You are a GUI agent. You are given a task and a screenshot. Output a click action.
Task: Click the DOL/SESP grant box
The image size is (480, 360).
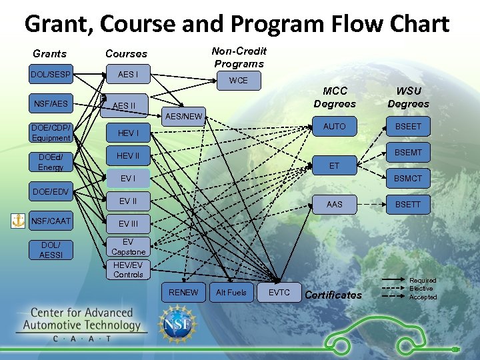[x=51, y=75]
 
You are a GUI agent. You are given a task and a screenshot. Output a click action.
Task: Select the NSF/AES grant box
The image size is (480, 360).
[x=51, y=103]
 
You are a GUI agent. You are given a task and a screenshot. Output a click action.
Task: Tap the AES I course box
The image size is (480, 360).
[x=128, y=75]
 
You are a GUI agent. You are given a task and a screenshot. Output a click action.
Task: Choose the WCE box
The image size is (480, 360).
[x=238, y=81]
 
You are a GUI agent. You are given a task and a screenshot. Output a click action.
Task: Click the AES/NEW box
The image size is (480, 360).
[x=183, y=117]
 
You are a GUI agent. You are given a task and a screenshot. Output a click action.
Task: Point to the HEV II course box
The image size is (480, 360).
[x=128, y=156]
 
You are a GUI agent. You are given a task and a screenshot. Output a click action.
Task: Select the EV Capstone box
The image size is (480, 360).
[x=128, y=247]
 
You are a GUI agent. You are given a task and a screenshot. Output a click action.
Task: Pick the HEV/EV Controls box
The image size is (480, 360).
[x=128, y=270]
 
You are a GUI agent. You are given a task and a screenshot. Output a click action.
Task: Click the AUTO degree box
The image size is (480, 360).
[x=334, y=127]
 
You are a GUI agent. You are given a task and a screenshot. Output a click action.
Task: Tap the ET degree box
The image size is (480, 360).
[x=334, y=166]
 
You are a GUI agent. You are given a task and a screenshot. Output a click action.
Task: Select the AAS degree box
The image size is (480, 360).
[x=334, y=204]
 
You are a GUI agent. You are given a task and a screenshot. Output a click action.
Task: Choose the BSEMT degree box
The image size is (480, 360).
[x=408, y=153]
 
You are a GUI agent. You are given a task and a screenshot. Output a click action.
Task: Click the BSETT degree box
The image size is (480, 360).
[x=408, y=204]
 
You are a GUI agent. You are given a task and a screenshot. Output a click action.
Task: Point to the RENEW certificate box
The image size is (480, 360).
[x=183, y=293]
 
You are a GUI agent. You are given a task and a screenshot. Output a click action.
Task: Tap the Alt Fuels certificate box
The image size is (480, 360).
[x=231, y=293]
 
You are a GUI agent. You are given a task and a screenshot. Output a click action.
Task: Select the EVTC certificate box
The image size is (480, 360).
[x=279, y=293]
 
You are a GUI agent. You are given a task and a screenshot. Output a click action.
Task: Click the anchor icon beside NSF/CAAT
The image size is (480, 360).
[x=18, y=221]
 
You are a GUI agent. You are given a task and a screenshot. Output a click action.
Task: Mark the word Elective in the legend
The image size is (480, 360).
[x=421, y=289]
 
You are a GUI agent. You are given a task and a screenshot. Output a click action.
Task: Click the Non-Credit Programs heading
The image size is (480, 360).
[x=239, y=57]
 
